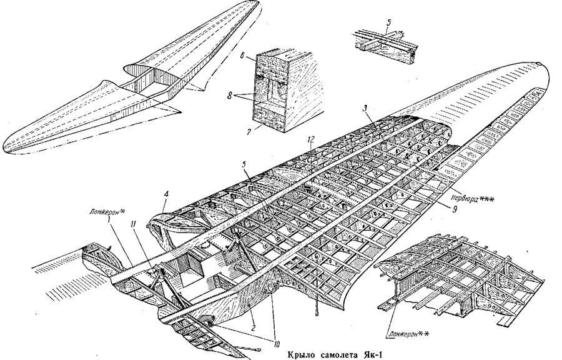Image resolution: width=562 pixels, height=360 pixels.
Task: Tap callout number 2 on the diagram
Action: (x=252, y=309)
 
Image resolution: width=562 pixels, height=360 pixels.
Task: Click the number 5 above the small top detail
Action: (x=388, y=24)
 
